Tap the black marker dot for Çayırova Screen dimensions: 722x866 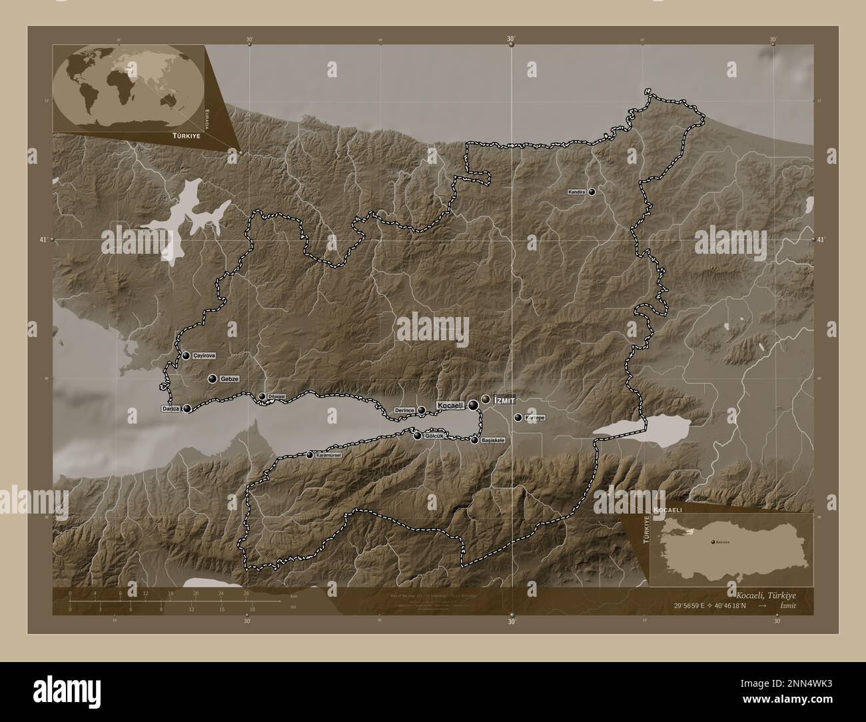click(186, 356)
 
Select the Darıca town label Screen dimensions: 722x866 click(171, 408)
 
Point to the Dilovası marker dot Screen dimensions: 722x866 click(262, 396)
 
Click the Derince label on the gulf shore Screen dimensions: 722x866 click(405, 410)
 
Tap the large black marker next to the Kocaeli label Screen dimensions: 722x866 click(473, 404)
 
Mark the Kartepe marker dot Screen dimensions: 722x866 click(518, 418)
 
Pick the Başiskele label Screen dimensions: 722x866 click(492, 440)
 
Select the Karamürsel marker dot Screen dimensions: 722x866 click(310, 455)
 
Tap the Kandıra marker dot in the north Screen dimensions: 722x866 click(592, 192)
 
